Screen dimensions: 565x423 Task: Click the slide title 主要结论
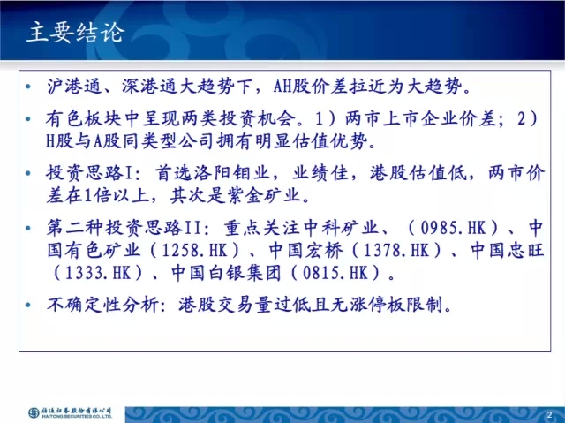tap(76, 33)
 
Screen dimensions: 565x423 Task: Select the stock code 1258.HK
tap(194, 250)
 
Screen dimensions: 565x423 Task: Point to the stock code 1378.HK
tap(396, 250)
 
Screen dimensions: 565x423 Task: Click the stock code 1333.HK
tap(97, 273)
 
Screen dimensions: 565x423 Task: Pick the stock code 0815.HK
tap(335, 273)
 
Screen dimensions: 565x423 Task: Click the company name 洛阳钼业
tap(231, 173)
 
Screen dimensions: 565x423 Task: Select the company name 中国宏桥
tap(306, 250)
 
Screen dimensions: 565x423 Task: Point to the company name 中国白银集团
tap(226, 273)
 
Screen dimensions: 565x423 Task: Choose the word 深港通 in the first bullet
tap(149, 87)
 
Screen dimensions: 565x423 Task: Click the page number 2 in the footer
tap(549, 414)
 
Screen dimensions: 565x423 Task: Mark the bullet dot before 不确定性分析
tap(28, 306)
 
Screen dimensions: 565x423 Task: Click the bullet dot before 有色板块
tap(28, 118)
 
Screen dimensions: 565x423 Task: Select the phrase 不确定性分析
tap(103, 305)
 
